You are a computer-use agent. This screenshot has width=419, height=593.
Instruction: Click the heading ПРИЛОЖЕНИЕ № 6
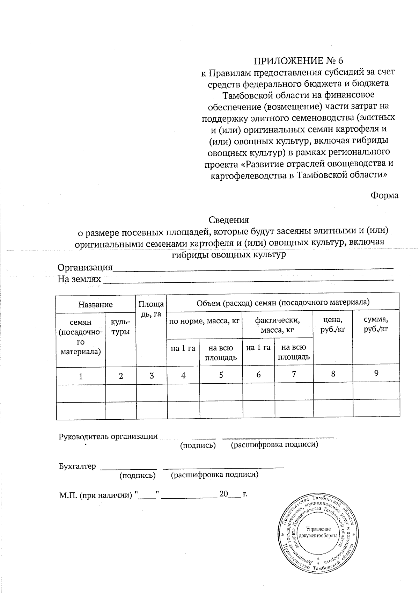[298, 60]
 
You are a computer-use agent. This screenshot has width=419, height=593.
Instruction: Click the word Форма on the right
[384, 195]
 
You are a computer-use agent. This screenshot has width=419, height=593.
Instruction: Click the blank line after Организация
[253, 268]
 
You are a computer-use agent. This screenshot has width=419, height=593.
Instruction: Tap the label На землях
[79, 279]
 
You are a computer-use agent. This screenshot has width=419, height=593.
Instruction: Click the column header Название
[95, 304]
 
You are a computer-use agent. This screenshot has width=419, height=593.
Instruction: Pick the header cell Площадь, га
[151, 308]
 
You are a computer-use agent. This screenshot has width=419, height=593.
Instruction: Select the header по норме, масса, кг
[204, 321]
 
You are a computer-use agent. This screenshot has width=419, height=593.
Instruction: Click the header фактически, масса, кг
[277, 325]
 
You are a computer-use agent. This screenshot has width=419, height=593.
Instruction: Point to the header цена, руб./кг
[333, 325]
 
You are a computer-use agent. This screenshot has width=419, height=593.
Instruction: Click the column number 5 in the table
[221, 375]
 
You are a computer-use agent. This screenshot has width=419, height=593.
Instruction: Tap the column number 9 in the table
[376, 373]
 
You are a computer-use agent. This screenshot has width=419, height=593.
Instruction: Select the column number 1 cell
[81, 376]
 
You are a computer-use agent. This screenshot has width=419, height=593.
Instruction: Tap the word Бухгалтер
[77, 467]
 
